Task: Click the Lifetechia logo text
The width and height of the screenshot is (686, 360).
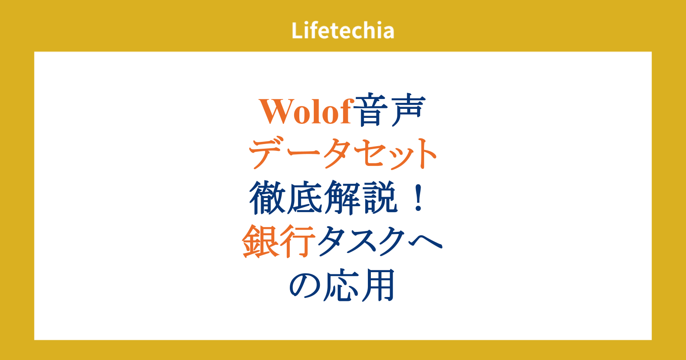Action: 343,30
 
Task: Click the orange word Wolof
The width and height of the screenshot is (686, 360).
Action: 305,111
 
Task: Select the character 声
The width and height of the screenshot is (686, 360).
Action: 409,110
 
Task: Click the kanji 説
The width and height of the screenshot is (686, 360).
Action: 380,198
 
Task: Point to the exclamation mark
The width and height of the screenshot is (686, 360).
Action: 418,198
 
